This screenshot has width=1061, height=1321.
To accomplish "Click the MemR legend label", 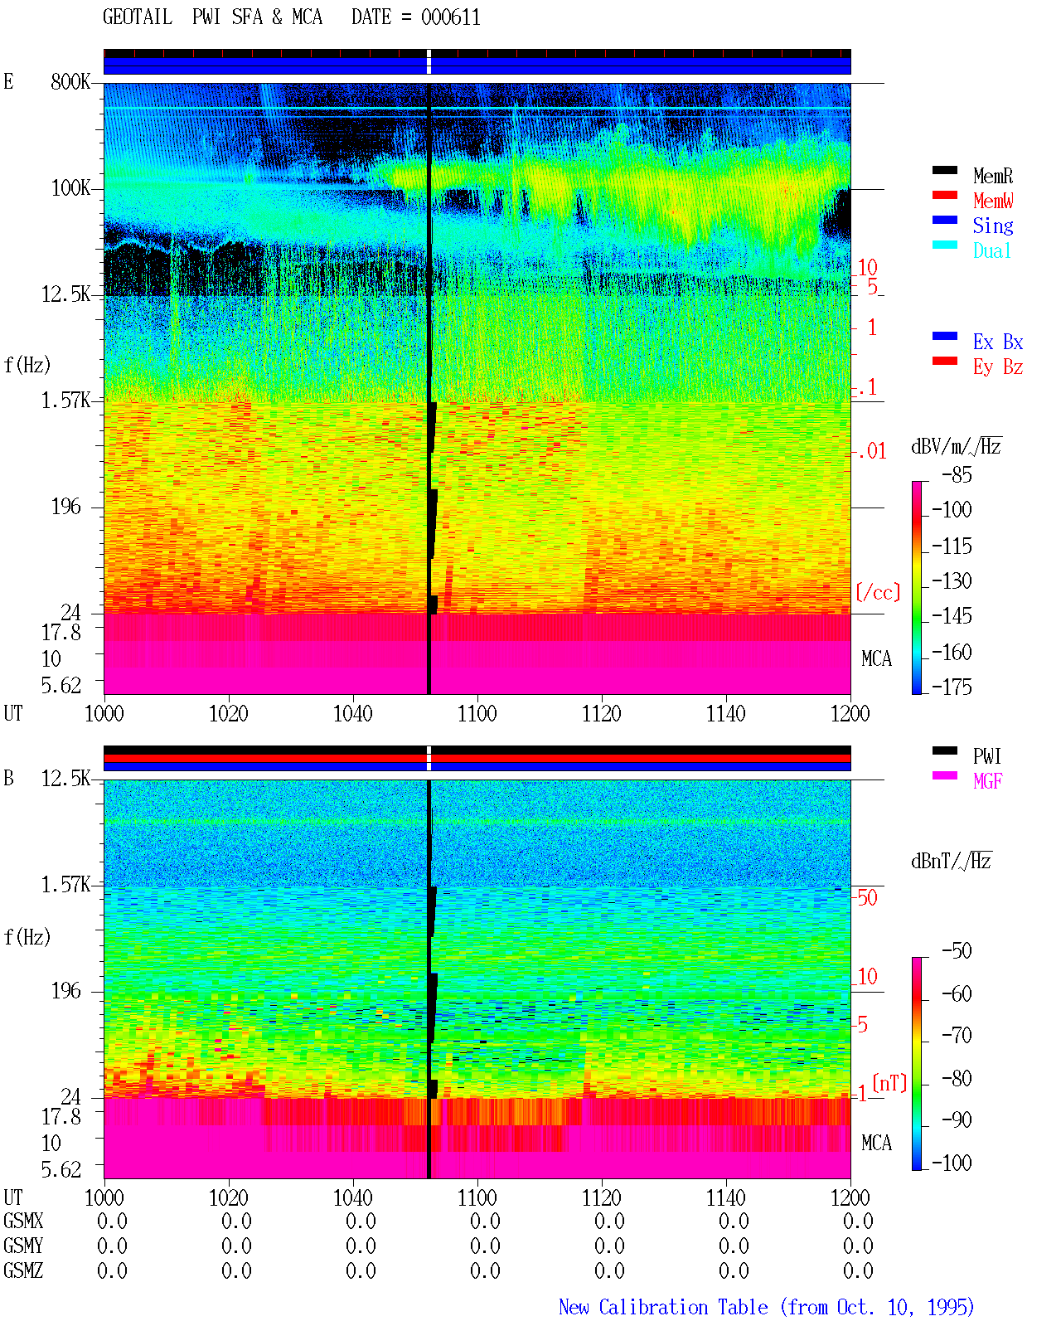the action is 992,176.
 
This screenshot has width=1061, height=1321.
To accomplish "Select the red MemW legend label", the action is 993,201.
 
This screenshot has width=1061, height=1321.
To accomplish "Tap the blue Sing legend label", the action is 992,226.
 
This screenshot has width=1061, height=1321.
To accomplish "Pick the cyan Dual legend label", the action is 991,250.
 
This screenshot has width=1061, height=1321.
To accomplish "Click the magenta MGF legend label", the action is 987,781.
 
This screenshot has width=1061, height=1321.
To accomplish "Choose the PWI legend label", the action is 986,756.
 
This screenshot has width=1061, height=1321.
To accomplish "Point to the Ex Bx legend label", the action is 997,342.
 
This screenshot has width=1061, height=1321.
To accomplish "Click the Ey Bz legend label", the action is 997,367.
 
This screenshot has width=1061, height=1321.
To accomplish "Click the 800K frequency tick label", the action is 70,81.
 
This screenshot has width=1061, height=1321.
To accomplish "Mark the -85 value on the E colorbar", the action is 957,475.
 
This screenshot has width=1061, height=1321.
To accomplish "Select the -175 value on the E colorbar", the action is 952,687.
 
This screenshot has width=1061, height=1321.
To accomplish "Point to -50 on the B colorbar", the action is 957,951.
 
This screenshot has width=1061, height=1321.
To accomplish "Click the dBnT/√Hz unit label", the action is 951,861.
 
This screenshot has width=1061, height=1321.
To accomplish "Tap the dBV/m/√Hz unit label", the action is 956,446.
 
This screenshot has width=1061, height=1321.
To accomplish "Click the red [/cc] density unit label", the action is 878,592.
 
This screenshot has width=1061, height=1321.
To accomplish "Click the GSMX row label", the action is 23,1221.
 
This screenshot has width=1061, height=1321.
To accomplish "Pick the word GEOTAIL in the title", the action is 138,17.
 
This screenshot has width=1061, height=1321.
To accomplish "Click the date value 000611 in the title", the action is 450,17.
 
